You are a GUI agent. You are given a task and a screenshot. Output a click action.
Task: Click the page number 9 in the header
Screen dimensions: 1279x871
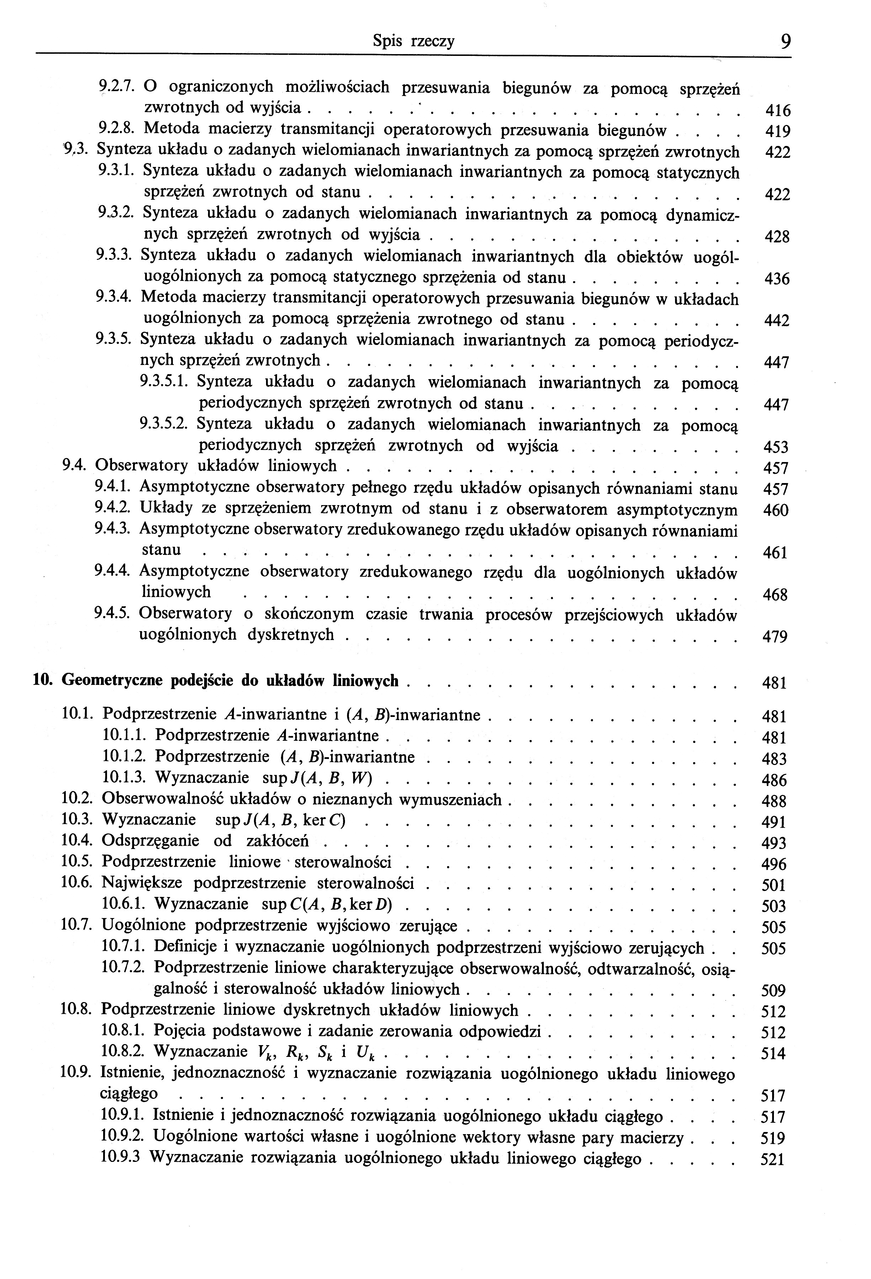785,42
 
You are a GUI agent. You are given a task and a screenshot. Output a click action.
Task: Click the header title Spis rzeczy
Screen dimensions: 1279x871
414,41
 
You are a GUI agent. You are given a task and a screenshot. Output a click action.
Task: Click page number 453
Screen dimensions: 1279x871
776,447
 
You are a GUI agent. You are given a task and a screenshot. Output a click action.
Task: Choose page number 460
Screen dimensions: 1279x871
776,511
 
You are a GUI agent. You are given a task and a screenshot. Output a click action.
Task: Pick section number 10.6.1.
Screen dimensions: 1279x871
124,904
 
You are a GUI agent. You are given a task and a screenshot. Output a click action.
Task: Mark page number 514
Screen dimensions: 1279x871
773,1054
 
